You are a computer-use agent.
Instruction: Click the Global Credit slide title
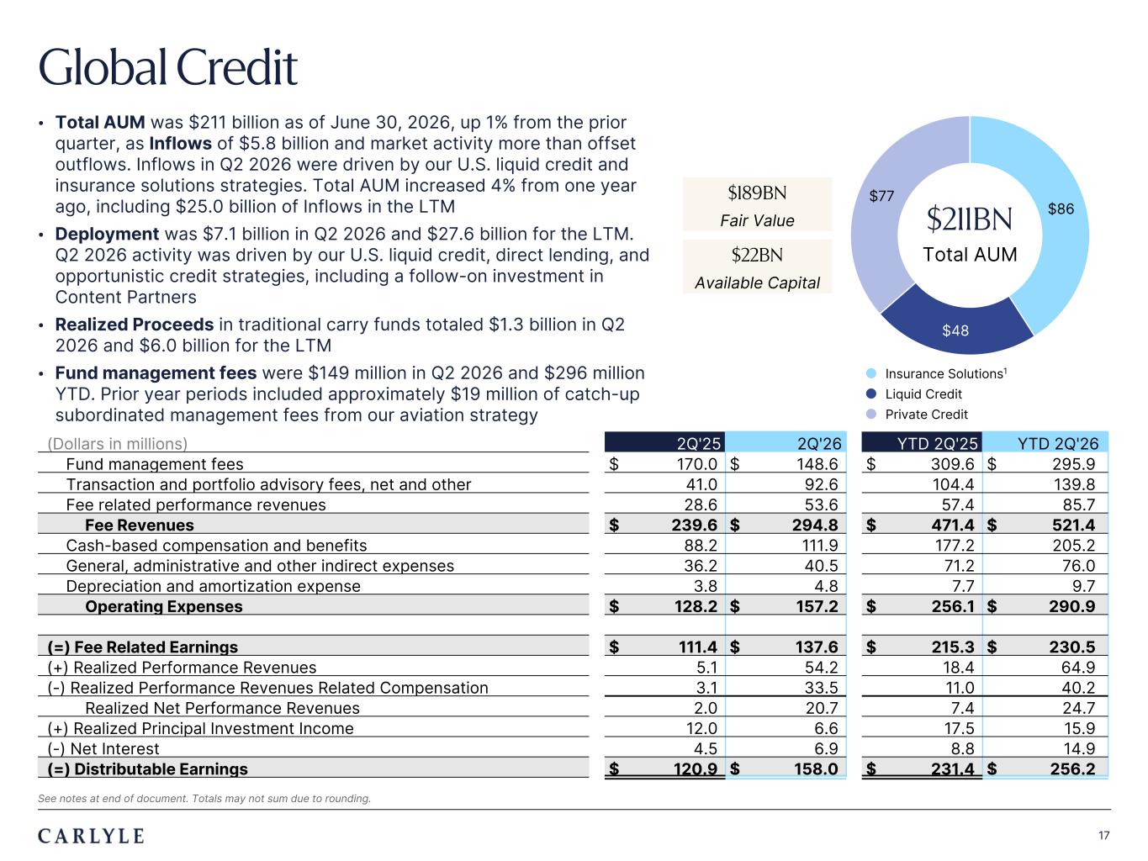point(168,67)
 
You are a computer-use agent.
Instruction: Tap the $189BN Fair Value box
point(757,204)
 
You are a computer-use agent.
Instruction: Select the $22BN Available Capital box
point(757,267)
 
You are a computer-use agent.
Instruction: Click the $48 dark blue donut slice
point(956,328)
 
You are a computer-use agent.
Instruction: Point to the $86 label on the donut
point(1061,209)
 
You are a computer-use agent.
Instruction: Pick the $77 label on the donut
point(881,196)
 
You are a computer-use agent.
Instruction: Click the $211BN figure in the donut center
point(969,219)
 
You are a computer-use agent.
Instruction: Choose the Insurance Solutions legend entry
point(936,373)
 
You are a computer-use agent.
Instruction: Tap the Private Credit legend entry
point(917,414)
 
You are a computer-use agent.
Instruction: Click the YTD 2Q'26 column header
point(1057,443)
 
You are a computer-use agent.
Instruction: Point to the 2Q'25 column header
point(699,443)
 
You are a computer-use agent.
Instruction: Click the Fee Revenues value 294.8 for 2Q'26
point(815,525)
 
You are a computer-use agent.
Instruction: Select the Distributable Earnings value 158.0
point(816,769)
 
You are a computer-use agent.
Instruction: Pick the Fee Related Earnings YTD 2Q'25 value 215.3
point(952,647)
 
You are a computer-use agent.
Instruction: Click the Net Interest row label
point(103,748)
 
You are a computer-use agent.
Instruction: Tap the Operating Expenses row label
point(164,606)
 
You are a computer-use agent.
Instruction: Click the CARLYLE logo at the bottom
point(91,836)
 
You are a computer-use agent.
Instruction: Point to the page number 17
point(1103,836)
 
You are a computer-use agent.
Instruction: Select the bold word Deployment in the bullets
point(107,234)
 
